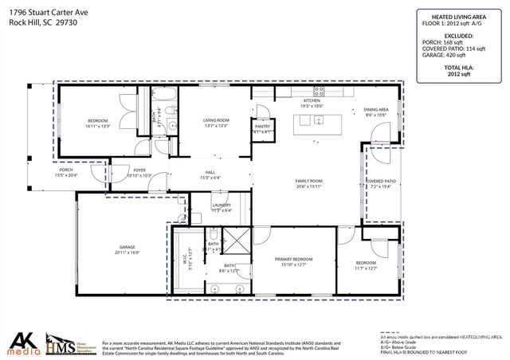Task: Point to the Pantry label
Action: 262,127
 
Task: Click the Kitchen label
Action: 311,101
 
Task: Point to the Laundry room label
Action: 221,205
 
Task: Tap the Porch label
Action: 67,170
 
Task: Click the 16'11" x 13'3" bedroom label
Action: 97,121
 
